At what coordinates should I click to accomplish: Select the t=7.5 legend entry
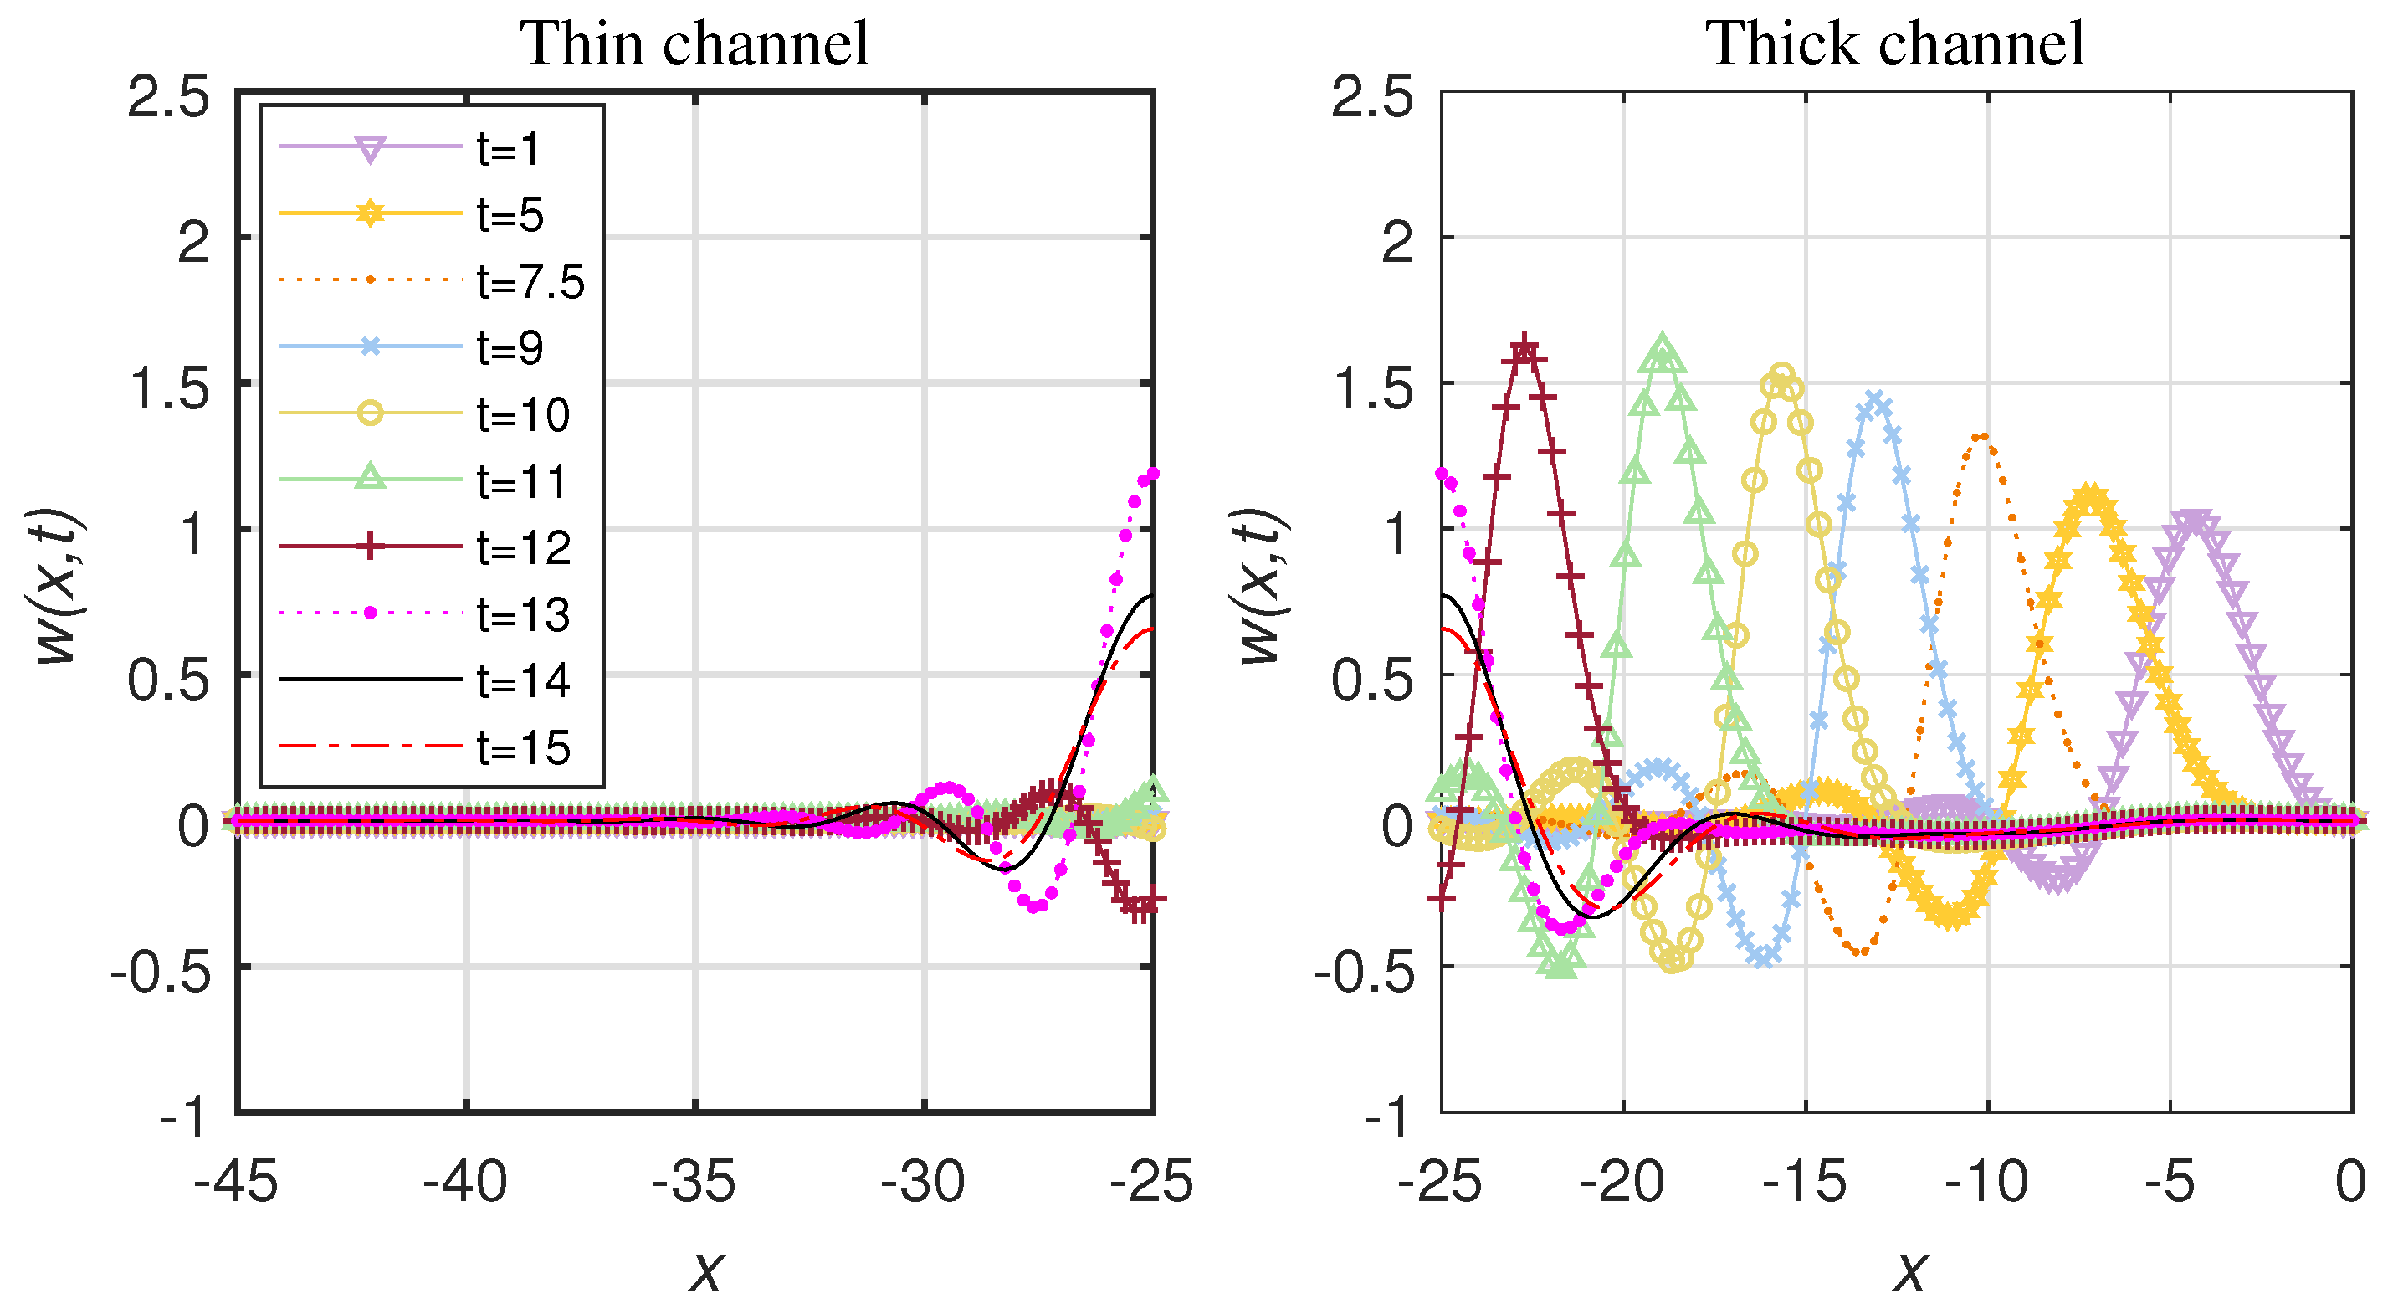(530, 281)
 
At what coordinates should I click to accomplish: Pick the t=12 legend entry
(523, 548)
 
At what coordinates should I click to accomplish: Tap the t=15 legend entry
(523, 748)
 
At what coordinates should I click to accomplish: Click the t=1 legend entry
(508, 149)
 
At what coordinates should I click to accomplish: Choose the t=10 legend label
(523, 414)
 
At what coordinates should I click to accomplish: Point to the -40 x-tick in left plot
(465, 1183)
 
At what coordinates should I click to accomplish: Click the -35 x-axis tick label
(694, 1183)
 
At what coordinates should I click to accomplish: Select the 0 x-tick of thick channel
(2351, 1183)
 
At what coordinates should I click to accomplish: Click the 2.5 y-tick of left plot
(168, 98)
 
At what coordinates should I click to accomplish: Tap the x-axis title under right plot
(1910, 1269)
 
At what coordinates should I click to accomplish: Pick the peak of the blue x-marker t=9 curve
(1874, 400)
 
